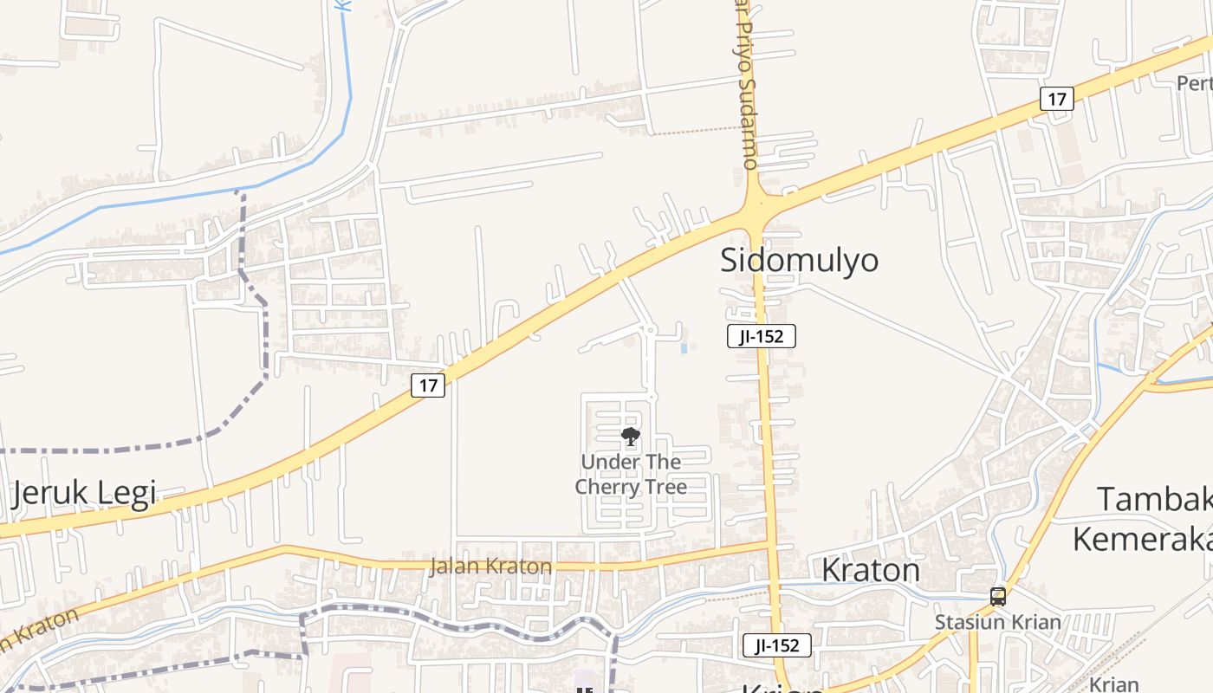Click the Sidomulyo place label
pos(800,261)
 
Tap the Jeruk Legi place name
pos(84,493)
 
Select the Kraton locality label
pos(870,570)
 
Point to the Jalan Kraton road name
pos(490,567)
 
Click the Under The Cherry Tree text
pos(631,474)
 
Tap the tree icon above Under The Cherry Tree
pos(631,436)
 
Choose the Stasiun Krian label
pos(997,622)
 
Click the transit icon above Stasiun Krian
pos(998,596)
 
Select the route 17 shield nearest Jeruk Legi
pos(428,385)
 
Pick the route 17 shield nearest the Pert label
pos(1056,99)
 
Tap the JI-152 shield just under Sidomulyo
pos(761,337)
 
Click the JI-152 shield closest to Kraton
pos(776,645)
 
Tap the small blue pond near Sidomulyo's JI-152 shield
pos(684,348)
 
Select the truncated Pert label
pos(1194,83)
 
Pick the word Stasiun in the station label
pos(966,622)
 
